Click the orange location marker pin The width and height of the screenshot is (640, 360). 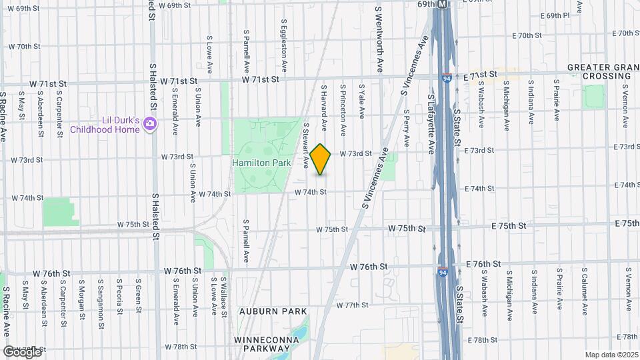(321, 159)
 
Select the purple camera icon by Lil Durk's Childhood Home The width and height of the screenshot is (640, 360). (151, 123)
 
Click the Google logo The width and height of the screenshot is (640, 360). (23, 351)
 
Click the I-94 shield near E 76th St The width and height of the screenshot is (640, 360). (443, 271)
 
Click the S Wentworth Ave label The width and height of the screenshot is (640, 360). (379, 40)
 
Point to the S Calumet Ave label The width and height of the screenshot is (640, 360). (584, 293)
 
